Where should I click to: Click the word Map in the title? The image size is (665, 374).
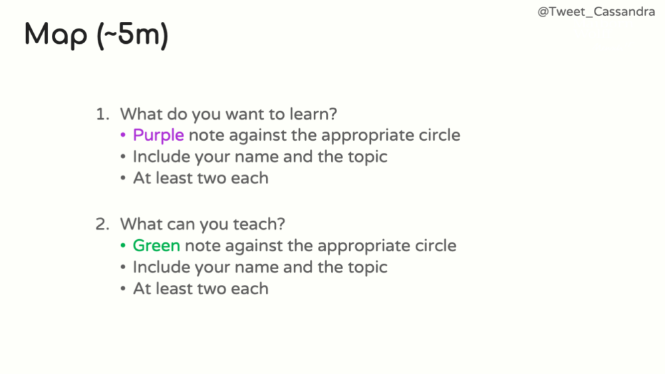tap(56, 35)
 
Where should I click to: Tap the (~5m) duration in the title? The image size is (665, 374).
tap(132, 35)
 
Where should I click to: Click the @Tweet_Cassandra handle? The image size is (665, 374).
tap(596, 12)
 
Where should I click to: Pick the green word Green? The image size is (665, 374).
tap(156, 246)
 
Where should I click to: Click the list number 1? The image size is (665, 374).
tap(102, 114)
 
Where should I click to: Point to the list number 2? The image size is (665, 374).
tap(102, 224)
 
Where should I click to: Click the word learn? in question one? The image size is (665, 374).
tap(313, 114)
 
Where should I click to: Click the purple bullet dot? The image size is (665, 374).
tap(123, 135)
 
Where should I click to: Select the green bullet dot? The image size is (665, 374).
tap(123, 246)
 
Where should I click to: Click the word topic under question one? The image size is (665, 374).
tap(367, 157)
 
